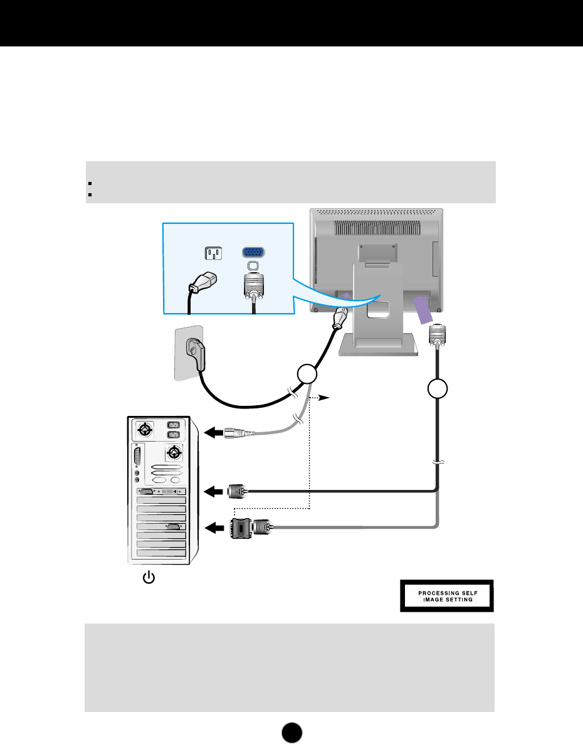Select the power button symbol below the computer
tap(149, 577)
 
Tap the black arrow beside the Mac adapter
tap(214, 528)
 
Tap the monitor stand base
tap(377, 346)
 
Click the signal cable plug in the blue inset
tap(252, 288)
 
